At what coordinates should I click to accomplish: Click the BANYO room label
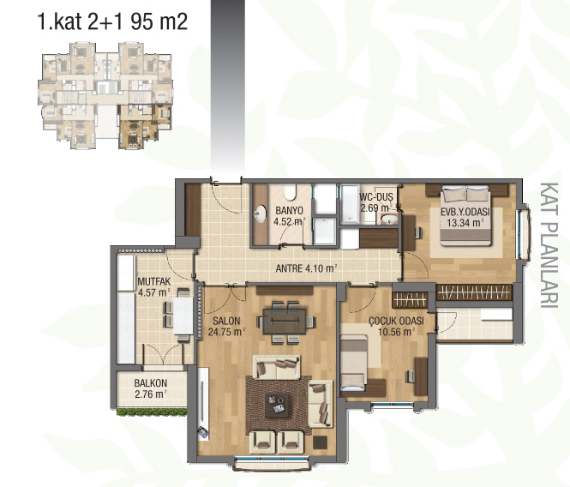[289, 211]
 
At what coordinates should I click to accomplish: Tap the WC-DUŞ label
[376, 196]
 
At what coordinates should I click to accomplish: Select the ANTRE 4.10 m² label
[306, 268]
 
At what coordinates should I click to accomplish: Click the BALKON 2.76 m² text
[151, 388]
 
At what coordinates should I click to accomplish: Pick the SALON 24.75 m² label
[226, 327]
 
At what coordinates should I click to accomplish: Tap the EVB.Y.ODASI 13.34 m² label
[465, 217]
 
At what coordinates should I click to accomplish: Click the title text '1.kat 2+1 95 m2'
[112, 21]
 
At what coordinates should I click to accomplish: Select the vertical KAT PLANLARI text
[549, 245]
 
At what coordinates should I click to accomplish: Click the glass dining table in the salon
[285, 321]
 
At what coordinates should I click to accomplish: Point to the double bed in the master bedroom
[466, 215]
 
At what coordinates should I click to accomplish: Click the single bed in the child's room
[354, 363]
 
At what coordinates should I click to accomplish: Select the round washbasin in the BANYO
[261, 213]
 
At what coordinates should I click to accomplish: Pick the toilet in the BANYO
[290, 192]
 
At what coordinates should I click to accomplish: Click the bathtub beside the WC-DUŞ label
[350, 204]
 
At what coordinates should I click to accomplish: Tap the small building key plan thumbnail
[105, 96]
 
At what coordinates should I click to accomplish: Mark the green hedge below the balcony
[153, 412]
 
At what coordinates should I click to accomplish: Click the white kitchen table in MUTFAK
[183, 316]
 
